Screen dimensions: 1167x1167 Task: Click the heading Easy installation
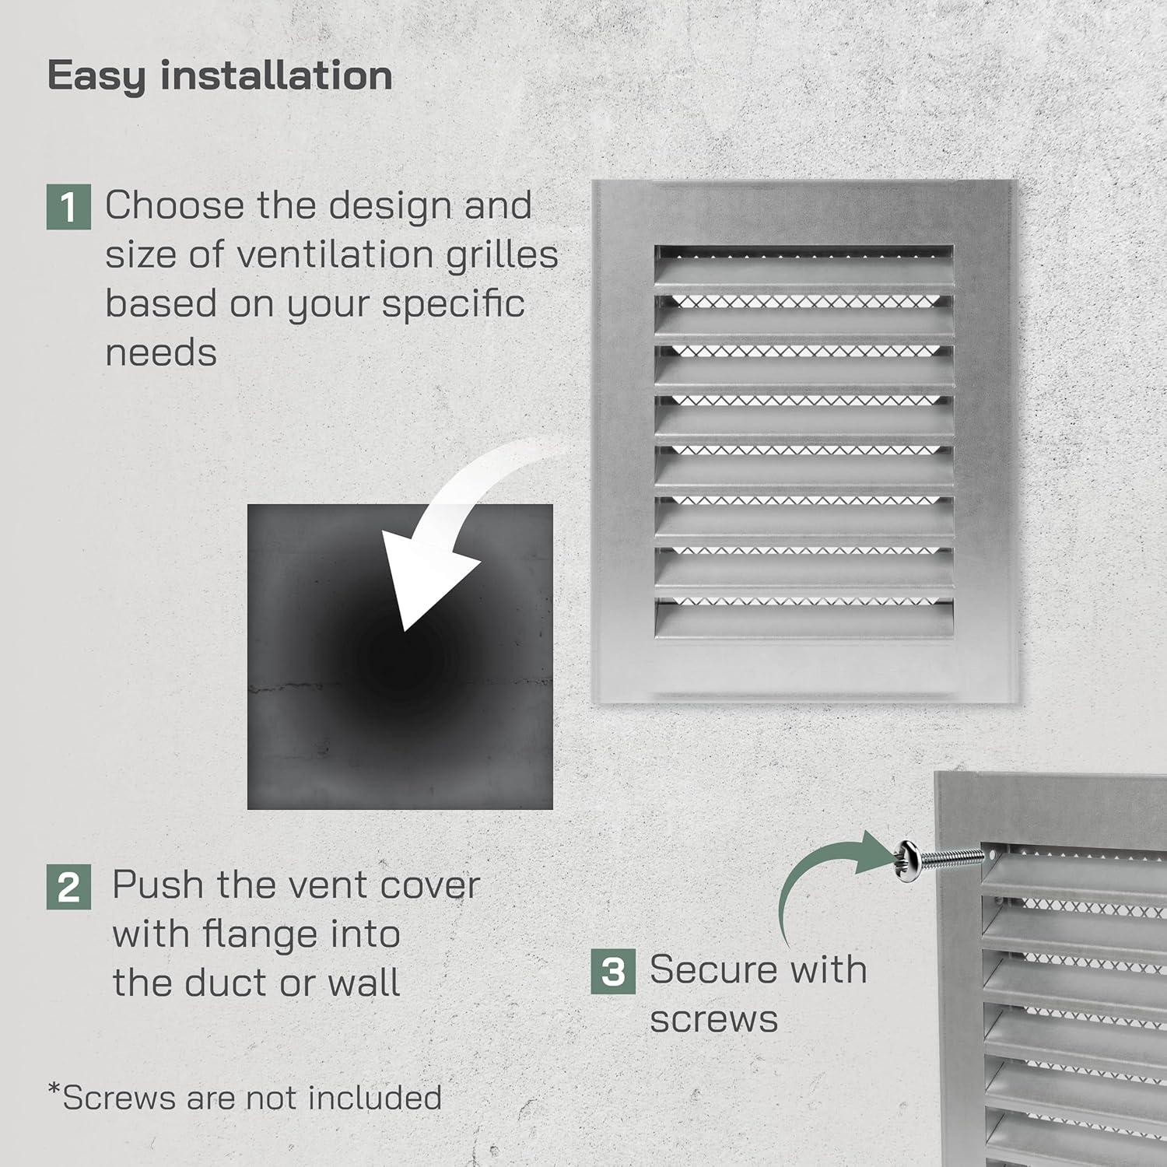[219, 76]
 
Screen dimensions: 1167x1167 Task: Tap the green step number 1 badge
[68, 207]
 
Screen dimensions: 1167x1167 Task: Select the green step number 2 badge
[68, 887]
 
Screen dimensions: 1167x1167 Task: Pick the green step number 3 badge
[613, 971]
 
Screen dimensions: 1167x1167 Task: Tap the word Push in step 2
[159, 885]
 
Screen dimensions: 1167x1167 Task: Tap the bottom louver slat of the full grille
[804, 622]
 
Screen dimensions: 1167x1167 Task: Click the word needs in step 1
[161, 353]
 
